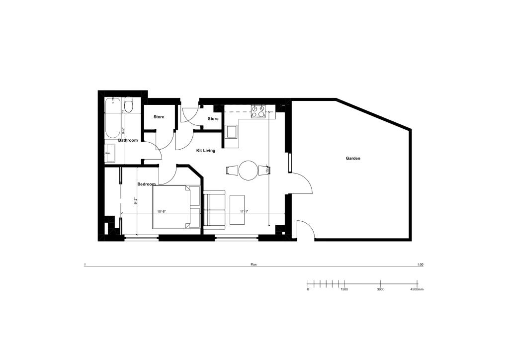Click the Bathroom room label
(x=128, y=140)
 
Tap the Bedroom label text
(x=147, y=184)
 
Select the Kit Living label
(x=206, y=150)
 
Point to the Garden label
(x=353, y=158)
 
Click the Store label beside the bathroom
(x=159, y=117)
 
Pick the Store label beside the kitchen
(x=213, y=119)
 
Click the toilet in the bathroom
(x=129, y=105)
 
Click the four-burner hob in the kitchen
(x=258, y=111)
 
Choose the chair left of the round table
(x=232, y=171)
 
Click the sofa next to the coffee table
(x=214, y=209)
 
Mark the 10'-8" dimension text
(x=162, y=212)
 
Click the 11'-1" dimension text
(x=244, y=212)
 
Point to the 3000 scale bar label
(x=380, y=289)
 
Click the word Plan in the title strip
(x=254, y=265)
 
